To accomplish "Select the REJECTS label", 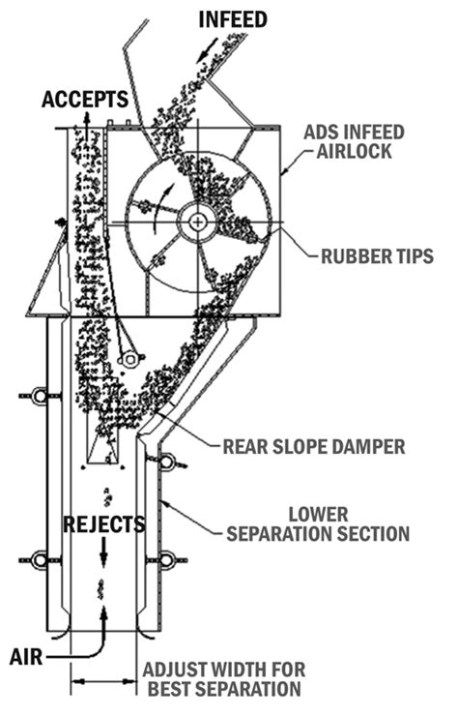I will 104,524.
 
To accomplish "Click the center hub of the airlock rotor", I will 198,222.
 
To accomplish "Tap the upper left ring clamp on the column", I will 40,396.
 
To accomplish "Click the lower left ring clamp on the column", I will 40,559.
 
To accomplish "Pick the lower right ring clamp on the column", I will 166,559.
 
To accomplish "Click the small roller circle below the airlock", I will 128,359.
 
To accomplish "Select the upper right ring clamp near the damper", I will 167,462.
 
